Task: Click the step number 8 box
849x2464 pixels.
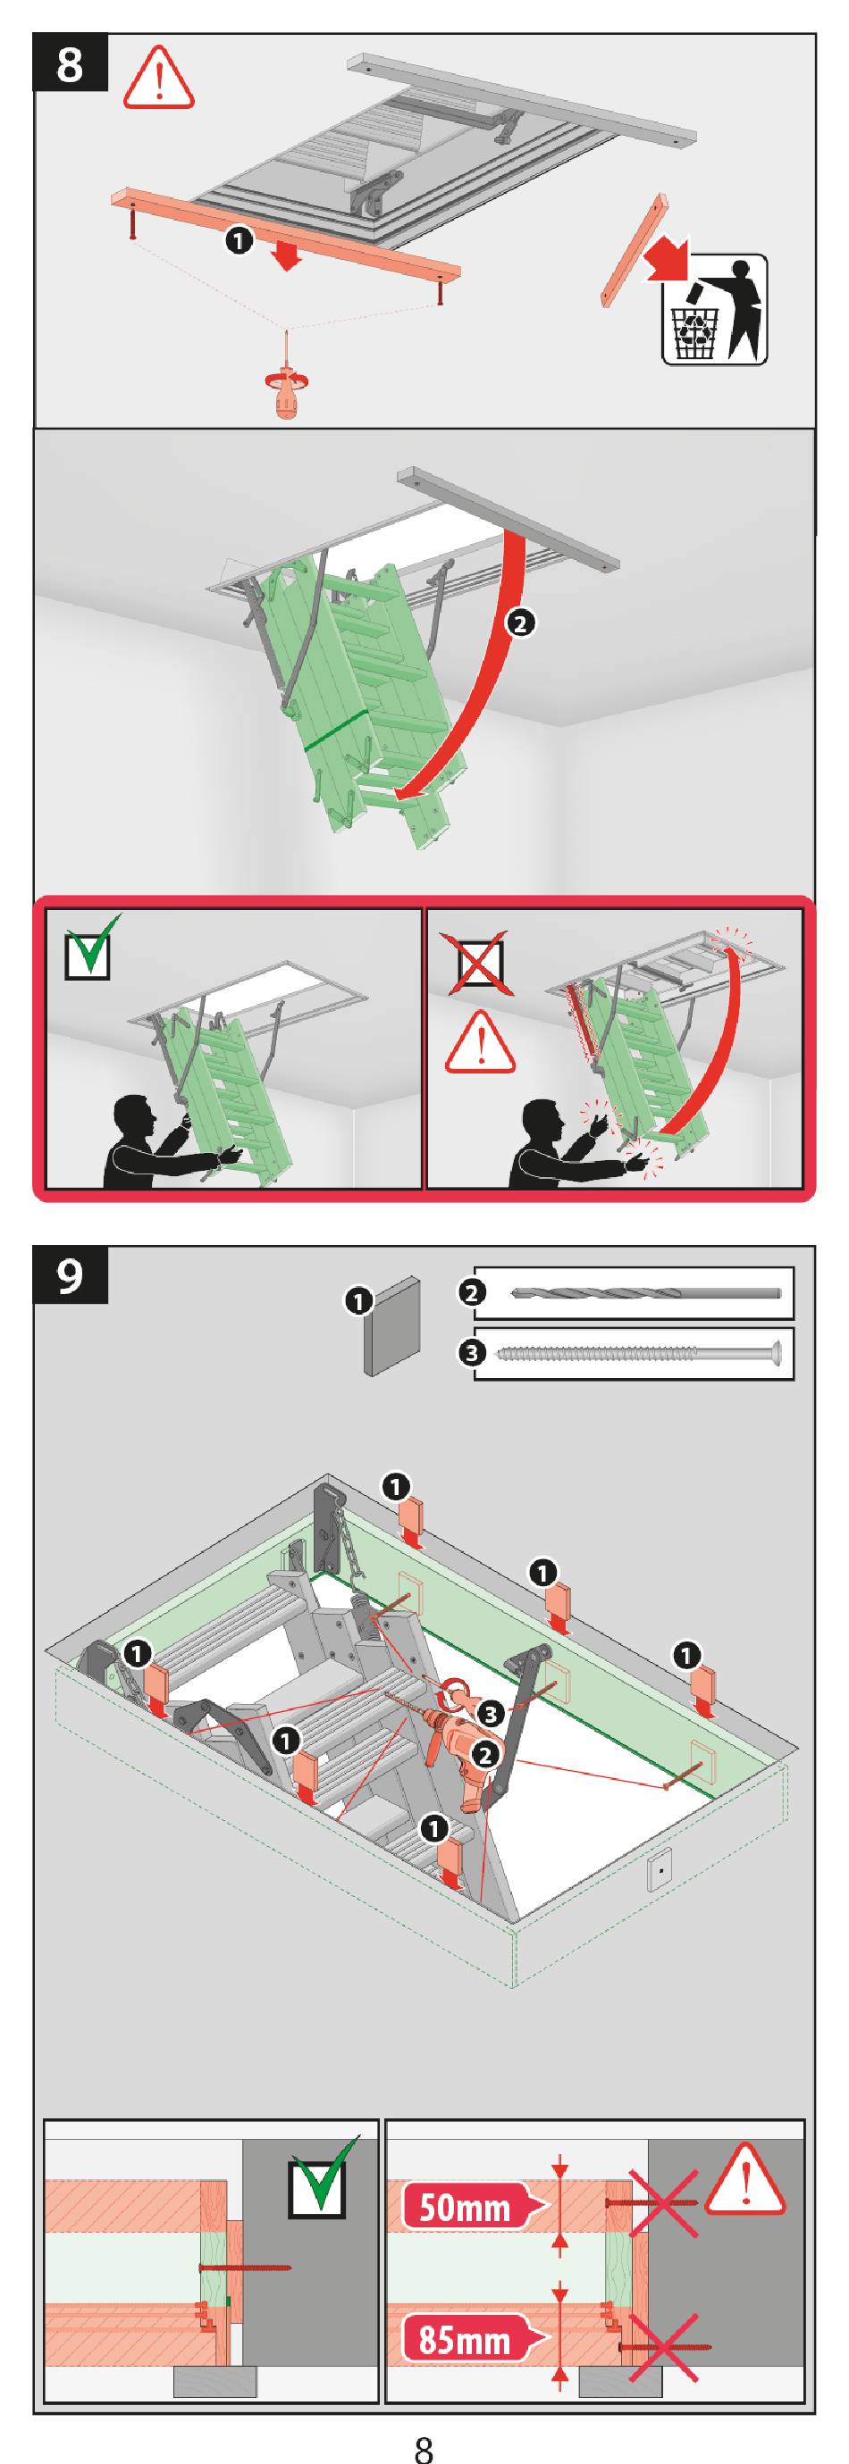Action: pyautogui.click(x=71, y=64)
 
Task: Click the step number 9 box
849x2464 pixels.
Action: pyautogui.click(x=71, y=1275)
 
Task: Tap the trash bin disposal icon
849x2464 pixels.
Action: pyautogui.click(x=714, y=310)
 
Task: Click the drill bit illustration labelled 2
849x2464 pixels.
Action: pyautogui.click(x=647, y=1293)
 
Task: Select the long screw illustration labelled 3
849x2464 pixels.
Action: pyautogui.click(x=641, y=1352)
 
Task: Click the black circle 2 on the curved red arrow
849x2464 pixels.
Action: pyautogui.click(x=520, y=624)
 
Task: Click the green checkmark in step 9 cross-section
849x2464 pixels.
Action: pyautogui.click(x=323, y=2174)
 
